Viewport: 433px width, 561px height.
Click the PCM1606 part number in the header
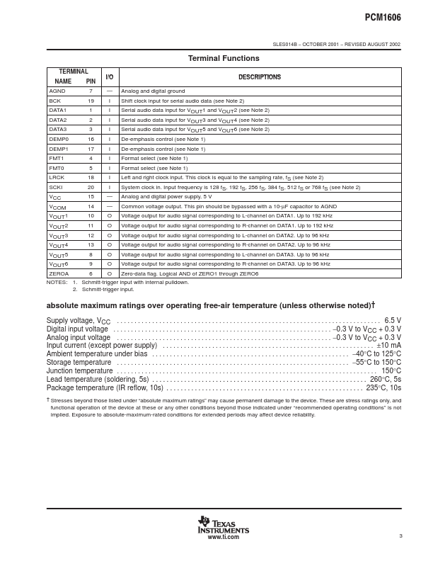click(383, 15)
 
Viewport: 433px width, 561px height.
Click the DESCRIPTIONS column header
click(259, 76)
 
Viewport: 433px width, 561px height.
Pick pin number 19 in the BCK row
click(91, 101)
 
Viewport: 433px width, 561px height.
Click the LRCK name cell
click(57, 177)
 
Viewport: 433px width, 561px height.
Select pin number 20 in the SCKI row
click(91, 187)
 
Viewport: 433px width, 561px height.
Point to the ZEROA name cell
click(59, 273)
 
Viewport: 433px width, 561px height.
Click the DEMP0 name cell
click(59, 139)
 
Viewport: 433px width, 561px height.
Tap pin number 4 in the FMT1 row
click(91, 158)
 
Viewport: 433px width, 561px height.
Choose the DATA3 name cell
click(57, 130)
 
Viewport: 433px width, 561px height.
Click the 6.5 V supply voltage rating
click(393, 320)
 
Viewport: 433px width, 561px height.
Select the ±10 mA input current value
click(388, 346)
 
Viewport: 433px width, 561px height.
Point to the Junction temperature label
click(79, 370)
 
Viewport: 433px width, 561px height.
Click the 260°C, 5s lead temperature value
click(385, 379)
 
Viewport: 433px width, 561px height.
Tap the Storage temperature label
click(79, 362)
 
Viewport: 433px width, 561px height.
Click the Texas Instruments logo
click(223, 525)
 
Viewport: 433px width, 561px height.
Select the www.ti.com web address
click(223, 537)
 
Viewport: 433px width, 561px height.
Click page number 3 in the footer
click(400, 535)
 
